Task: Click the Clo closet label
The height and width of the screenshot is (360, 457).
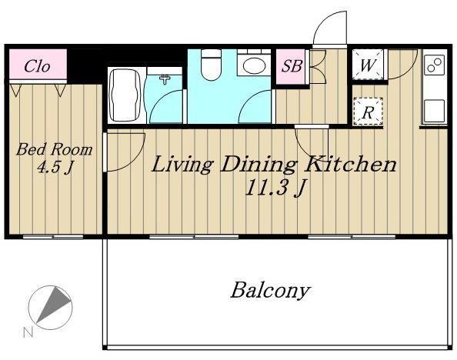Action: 37,66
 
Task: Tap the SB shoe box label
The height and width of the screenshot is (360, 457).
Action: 292,66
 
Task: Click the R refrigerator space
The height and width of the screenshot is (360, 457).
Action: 368,112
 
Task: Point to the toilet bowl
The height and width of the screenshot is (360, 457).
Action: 212,65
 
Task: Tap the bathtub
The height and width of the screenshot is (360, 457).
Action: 126,95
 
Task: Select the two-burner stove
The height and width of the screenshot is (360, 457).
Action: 435,65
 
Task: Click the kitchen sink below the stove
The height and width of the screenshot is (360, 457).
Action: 434,111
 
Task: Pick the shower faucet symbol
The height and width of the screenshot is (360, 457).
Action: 165,78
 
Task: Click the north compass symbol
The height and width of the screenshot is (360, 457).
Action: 51,308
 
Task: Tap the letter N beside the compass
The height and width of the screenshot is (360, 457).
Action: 28,332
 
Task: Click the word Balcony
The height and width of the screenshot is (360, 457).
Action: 270,290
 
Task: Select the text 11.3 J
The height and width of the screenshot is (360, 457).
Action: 275,188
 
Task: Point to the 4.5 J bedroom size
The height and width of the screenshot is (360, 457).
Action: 55,168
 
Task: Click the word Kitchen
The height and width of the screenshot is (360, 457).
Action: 351,164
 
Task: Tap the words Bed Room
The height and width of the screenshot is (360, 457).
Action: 55,149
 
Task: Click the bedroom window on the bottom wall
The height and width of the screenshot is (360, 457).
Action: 53,237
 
